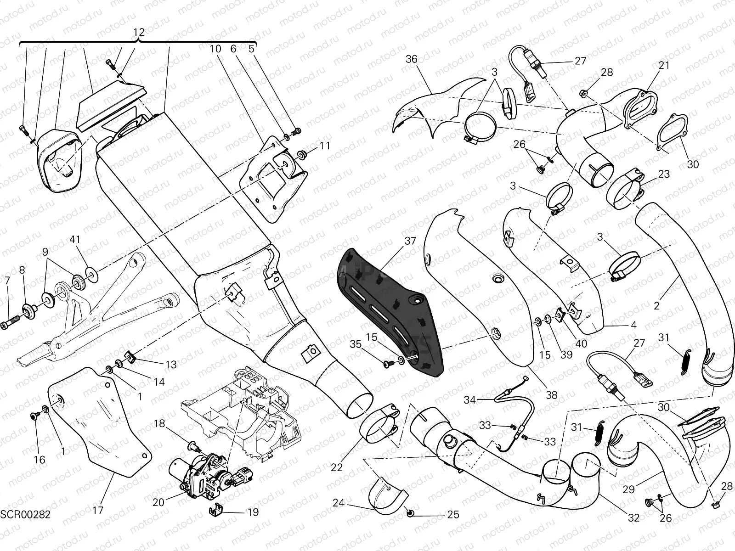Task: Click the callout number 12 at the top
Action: tap(139, 32)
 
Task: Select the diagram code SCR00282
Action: tap(25, 514)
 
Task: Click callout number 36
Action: tap(412, 59)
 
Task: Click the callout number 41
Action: tap(75, 239)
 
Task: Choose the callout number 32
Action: tap(633, 518)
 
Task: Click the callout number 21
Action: tap(664, 66)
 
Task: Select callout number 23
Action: tap(664, 174)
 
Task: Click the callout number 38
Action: tap(551, 395)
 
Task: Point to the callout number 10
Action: tap(216, 49)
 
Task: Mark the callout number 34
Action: tap(469, 400)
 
